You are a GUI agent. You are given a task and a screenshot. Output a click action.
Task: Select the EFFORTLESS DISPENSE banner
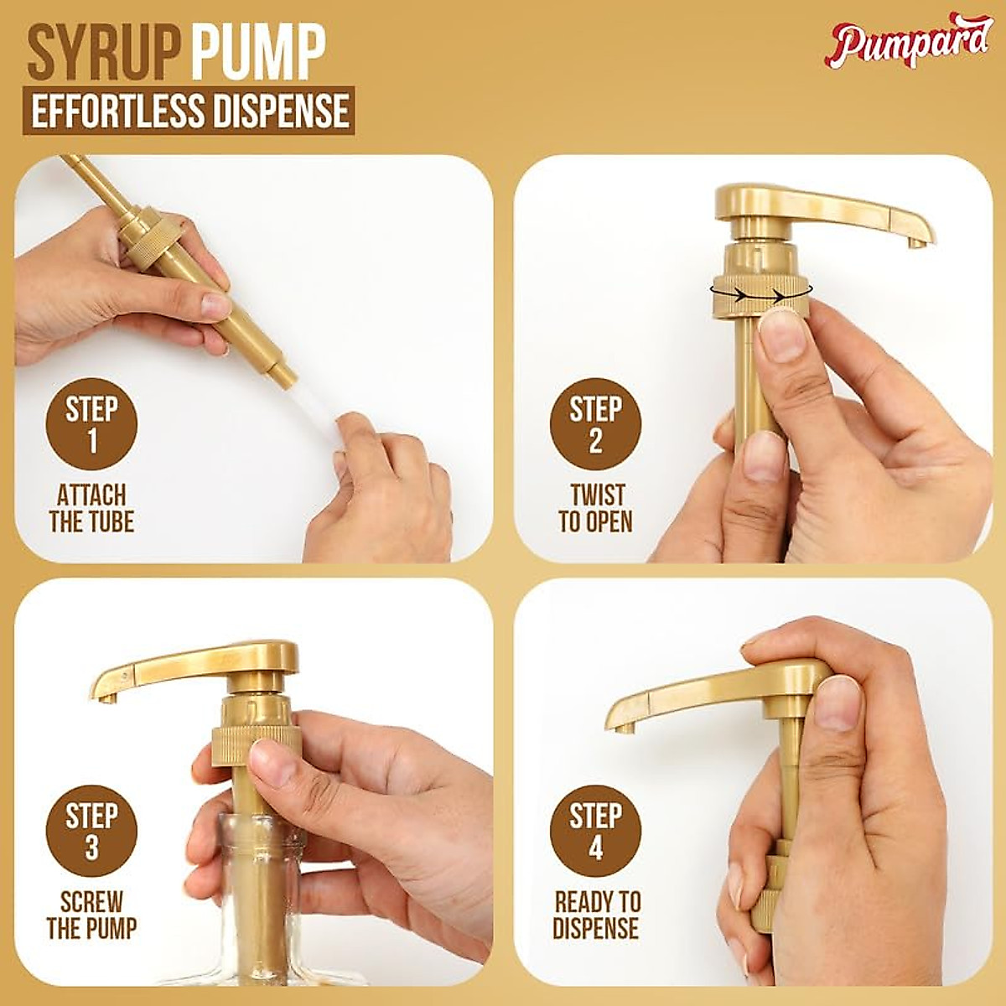point(189,111)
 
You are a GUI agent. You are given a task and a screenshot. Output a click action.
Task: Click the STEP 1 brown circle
point(91,424)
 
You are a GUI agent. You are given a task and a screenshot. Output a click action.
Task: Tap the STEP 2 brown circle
point(595,424)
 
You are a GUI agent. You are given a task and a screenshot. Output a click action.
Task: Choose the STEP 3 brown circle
point(91,830)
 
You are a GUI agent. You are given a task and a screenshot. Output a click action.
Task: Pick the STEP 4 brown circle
point(595,830)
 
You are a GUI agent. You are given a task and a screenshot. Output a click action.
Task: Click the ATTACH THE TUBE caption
point(91,509)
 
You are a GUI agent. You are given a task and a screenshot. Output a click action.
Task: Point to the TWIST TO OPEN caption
point(595,509)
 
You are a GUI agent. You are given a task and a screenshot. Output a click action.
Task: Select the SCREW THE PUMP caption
point(91,915)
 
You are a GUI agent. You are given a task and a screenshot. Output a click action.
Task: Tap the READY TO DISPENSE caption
point(596,915)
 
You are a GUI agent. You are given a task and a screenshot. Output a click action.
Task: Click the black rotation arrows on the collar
point(759,294)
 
